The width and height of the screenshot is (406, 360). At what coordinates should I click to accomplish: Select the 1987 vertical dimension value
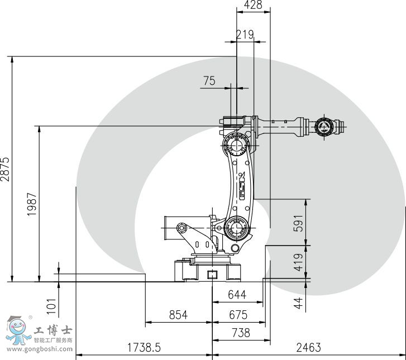click(32, 204)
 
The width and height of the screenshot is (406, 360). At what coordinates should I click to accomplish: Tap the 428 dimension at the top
click(253, 5)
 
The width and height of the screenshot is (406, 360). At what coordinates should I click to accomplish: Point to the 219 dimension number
click(245, 35)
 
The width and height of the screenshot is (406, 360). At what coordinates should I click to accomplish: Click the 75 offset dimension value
click(209, 81)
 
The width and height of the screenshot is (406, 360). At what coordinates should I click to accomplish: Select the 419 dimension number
click(298, 262)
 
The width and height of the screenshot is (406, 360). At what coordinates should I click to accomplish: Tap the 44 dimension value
click(298, 303)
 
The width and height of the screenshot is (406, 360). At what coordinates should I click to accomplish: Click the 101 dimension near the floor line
click(51, 304)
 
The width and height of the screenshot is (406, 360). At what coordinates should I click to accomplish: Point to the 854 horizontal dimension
click(178, 315)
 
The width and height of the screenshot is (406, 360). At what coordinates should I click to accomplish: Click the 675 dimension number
click(238, 315)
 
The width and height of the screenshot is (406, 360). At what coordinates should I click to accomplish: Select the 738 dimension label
click(240, 333)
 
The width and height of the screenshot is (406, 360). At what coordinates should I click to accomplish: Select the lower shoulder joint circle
click(237, 228)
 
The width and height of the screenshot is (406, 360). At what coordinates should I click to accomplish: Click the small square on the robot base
click(212, 274)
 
